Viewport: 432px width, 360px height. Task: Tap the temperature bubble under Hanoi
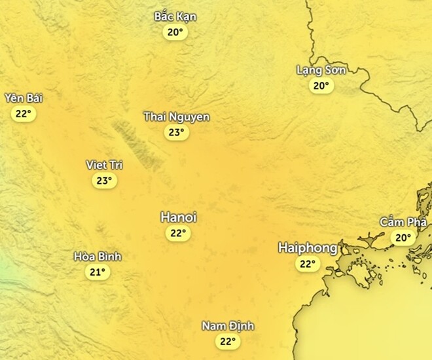177,234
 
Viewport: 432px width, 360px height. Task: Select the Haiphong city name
308,248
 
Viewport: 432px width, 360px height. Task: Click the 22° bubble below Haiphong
307,264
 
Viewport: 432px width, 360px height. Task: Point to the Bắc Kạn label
175,16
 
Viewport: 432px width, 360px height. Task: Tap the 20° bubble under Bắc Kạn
175,32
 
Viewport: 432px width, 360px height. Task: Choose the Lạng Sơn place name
321,69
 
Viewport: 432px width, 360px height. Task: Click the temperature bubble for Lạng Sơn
321,86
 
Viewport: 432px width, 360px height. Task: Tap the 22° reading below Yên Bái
23,114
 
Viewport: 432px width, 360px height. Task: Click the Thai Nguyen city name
177,117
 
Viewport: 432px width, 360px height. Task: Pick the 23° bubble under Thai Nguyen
175,133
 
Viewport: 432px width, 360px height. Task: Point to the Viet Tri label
105,165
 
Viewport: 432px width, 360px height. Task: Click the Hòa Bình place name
98,257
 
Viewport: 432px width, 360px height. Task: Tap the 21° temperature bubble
98,272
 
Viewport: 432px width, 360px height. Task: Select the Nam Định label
228,326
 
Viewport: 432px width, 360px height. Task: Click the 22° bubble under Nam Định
228,341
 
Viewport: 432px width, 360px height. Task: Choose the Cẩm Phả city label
402,222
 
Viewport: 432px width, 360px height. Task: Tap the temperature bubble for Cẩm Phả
402,238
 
